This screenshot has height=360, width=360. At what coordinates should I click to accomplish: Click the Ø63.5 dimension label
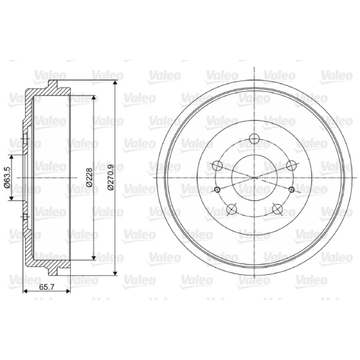tap(7, 177)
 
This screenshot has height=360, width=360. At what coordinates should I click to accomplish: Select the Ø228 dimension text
tap(89, 177)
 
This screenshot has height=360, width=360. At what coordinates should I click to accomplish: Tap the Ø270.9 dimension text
tap(111, 177)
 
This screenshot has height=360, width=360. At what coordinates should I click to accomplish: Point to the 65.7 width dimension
tap(46, 287)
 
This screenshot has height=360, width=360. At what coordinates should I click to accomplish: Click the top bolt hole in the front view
tap(254, 138)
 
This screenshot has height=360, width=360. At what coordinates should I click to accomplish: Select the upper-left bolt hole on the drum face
tap(217, 165)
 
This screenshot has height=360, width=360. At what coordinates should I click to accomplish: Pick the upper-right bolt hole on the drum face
tap(291, 165)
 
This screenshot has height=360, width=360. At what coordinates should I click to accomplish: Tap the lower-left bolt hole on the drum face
tap(231, 209)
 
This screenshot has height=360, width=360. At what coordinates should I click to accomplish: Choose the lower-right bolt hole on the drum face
tap(277, 209)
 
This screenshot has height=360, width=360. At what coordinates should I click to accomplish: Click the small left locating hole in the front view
tap(217, 189)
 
